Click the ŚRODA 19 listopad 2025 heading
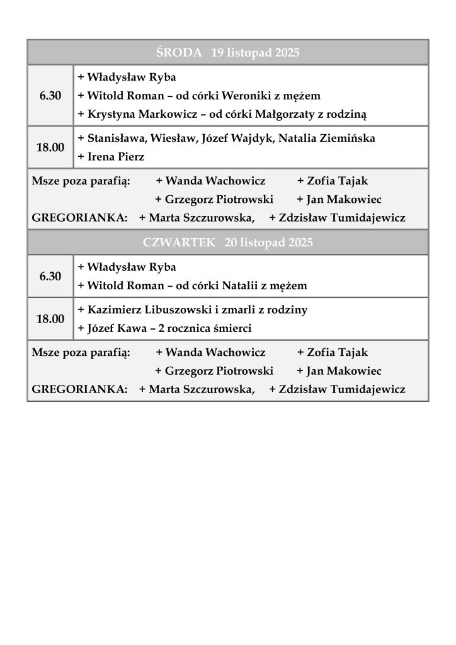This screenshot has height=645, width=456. [x=227, y=53]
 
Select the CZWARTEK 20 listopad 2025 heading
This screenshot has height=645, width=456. [x=227, y=243]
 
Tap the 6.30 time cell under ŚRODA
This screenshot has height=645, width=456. [x=50, y=96]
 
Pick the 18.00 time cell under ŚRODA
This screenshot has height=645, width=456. [x=50, y=147]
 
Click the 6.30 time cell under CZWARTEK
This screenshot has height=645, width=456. [x=50, y=277]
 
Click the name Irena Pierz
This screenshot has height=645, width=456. [x=115, y=157]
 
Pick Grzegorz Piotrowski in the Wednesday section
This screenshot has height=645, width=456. [x=219, y=200]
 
